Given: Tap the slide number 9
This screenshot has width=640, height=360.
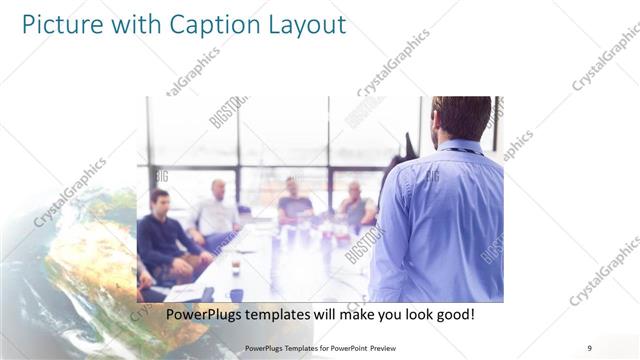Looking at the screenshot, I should pos(590,347).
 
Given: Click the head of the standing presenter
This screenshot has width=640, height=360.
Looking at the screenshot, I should pos(461,118).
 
